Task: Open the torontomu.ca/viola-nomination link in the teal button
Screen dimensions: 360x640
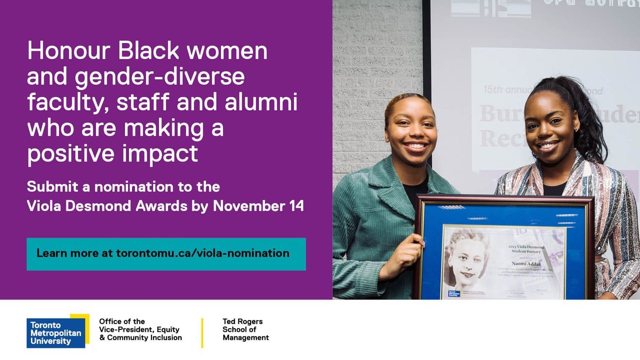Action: click(202, 254)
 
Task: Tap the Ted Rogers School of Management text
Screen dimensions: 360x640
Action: click(246, 329)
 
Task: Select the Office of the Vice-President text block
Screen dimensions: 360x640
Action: click(140, 329)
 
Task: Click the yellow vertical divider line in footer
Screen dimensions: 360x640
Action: click(202, 333)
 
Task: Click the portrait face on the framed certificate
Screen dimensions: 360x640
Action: click(465, 261)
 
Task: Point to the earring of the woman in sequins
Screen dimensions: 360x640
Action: click(576, 129)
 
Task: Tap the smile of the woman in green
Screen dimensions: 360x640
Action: click(416, 146)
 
